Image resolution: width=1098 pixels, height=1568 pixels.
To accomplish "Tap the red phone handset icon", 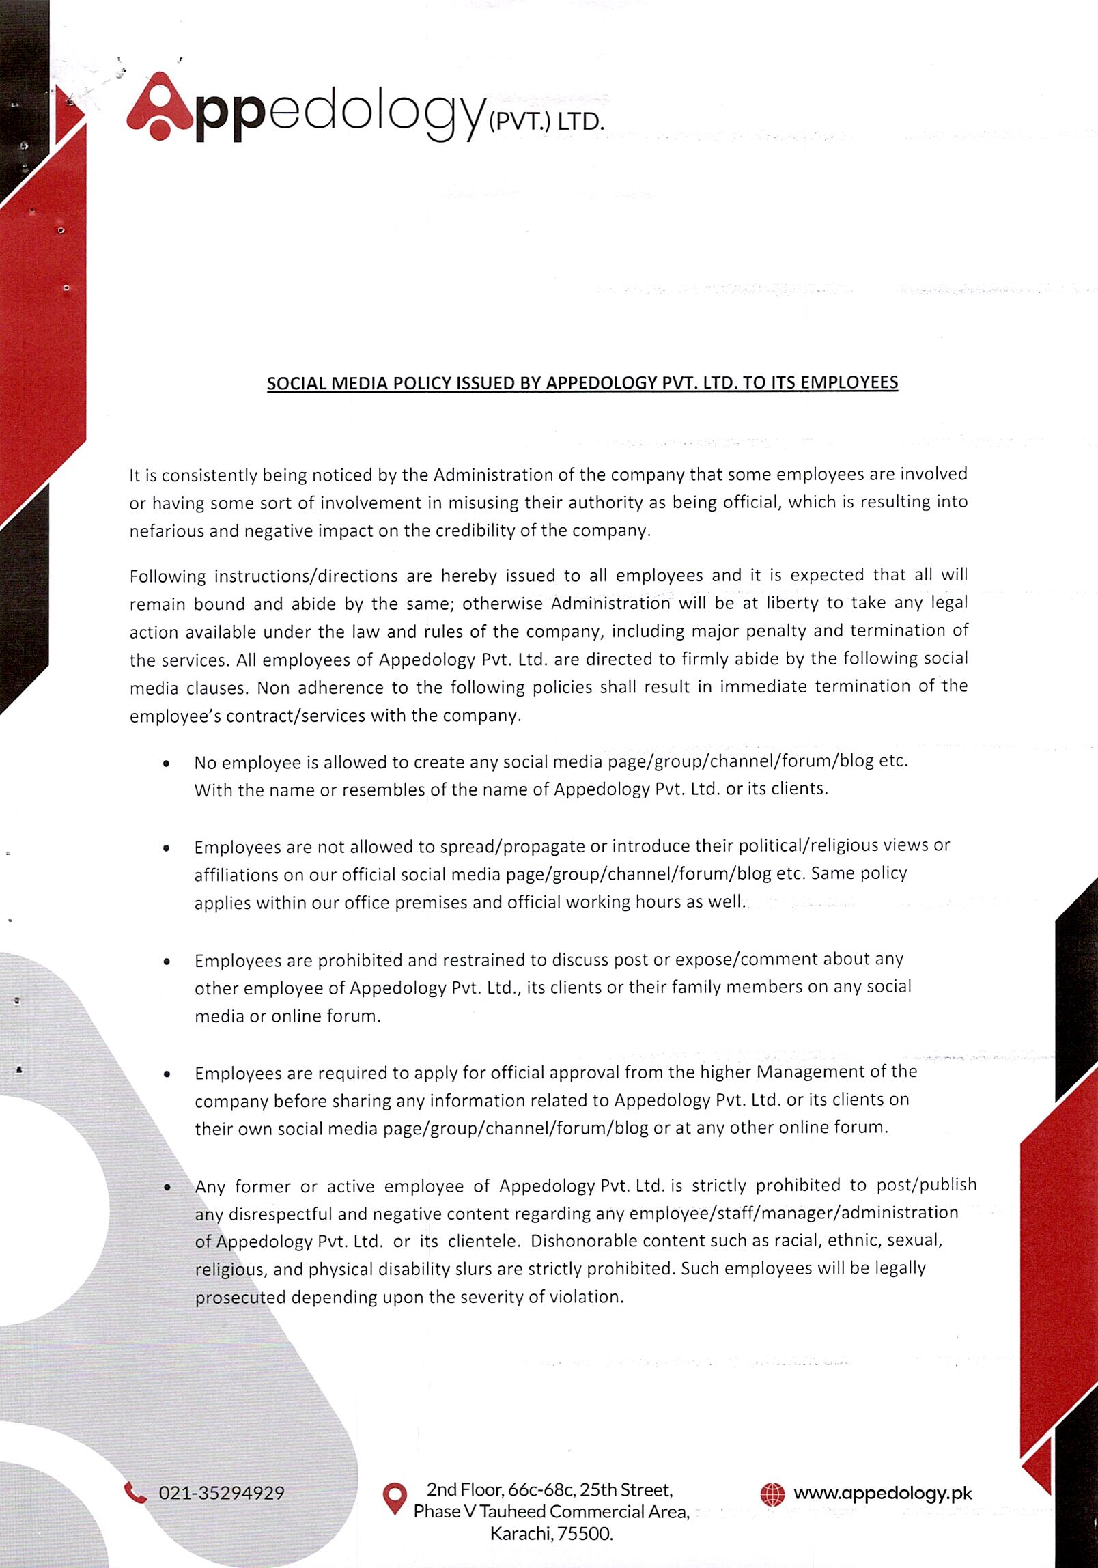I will pyautogui.click(x=135, y=1493).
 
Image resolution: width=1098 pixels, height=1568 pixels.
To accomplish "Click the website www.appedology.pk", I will pyautogui.click(x=882, y=1494).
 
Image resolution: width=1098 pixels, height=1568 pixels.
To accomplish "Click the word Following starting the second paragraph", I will pyautogui.click(x=167, y=576).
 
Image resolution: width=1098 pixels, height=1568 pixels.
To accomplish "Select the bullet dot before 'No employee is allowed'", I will pyautogui.click(x=167, y=764).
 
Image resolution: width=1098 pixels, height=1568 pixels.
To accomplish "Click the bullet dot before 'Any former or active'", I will pyautogui.click(x=167, y=1188).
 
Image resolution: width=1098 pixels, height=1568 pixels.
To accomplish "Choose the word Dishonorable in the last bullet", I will pyautogui.click(x=582, y=1240).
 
